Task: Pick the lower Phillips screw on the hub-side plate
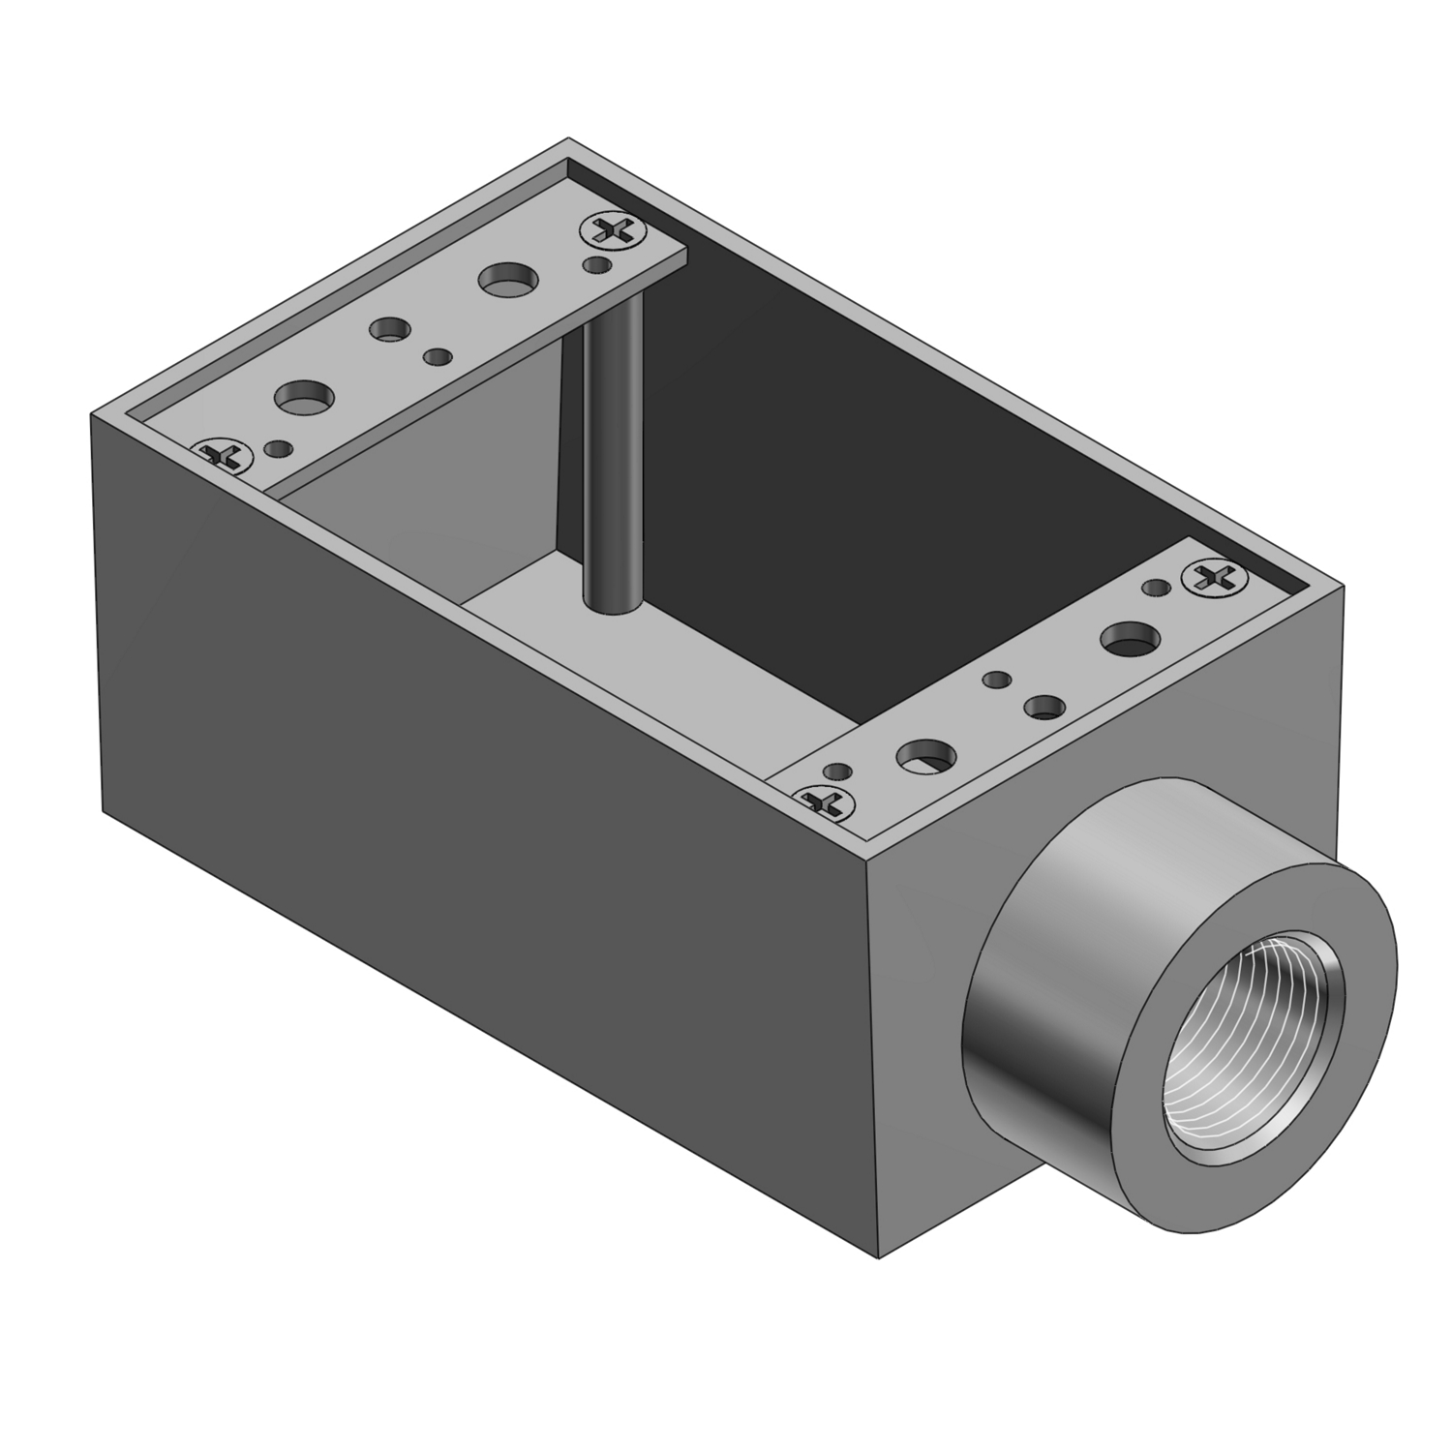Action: (824, 801)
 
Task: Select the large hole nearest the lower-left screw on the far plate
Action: (304, 396)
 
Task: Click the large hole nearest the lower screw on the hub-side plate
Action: (926, 754)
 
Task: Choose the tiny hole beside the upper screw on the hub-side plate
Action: (1154, 588)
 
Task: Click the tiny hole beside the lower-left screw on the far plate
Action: (278, 447)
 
